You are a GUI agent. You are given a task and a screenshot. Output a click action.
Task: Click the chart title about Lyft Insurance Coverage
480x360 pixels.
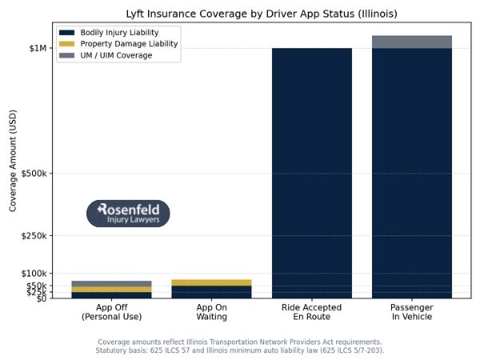[262, 14]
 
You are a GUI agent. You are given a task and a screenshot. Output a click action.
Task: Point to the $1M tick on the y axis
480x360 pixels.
[38, 48]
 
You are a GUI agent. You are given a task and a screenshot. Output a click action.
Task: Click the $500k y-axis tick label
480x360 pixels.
[33, 174]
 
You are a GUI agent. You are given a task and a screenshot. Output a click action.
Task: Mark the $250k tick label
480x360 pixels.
[33, 236]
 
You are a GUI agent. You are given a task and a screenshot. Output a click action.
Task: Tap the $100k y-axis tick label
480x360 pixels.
[33, 274]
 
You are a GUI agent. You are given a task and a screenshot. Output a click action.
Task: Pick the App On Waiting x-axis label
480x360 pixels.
[211, 312]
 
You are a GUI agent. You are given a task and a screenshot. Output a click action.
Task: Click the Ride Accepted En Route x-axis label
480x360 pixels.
[312, 312]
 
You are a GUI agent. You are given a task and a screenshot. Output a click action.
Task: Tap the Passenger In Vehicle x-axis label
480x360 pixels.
[412, 312]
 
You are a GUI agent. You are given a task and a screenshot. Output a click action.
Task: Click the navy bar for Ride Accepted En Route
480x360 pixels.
[312, 172]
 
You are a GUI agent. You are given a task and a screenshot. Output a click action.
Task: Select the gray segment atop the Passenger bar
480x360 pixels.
[412, 42]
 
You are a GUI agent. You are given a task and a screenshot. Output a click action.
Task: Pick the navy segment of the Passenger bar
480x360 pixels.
[412, 172]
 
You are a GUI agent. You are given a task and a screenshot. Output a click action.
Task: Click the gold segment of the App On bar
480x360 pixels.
[211, 282]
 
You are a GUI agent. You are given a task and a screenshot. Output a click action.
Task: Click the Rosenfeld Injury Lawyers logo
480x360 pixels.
[128, 214]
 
